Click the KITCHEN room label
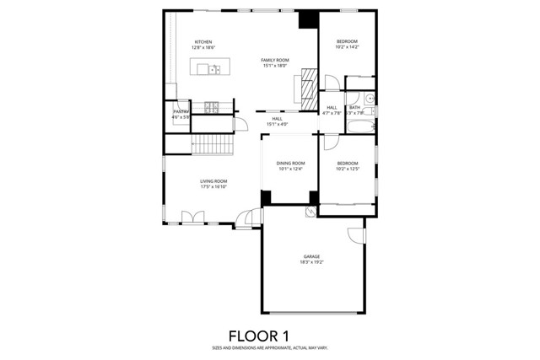[202, 45]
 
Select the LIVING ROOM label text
[213, 184]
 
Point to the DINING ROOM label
[290, 165]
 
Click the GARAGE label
[311, 259]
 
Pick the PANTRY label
[181, 113]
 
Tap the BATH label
[355, 110]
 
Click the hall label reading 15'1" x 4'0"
[277, 121]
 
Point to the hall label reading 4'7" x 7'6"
[332, 110]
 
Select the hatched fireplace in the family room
[308, 85]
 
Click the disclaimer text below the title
[269, 348]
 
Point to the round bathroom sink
[370, 99]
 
